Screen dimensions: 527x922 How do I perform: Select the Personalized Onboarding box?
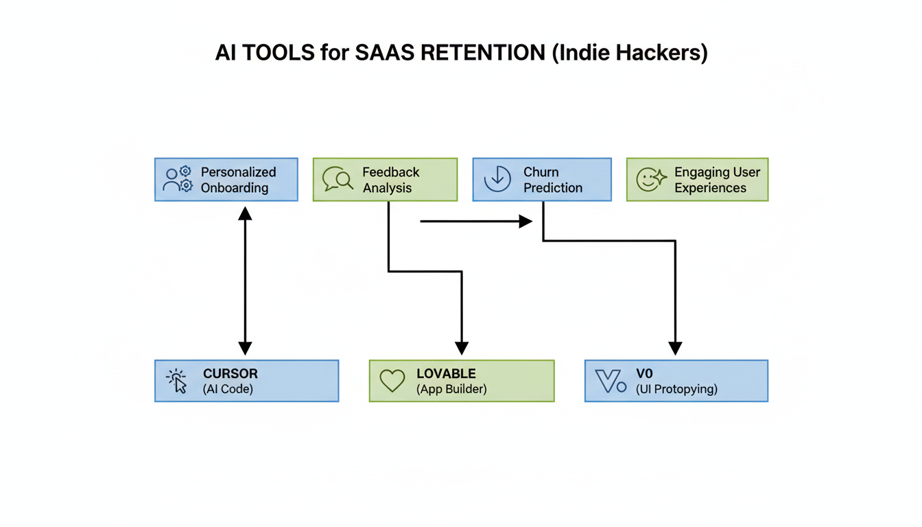[226, 180]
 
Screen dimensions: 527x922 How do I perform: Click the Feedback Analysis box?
[385, 180]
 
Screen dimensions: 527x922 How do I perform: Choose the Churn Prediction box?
[542, 180]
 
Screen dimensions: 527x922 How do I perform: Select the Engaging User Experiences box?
[697, 180]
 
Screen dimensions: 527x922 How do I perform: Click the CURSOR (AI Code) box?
[246, 381]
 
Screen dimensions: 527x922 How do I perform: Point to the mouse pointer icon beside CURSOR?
[177, 381]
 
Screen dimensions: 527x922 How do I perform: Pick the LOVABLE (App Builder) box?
[462, 381]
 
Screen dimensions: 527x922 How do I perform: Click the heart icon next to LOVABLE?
[392, 381]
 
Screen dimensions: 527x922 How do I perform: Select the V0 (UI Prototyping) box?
[676, 381]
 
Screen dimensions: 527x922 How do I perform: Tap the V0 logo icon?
[611, 381]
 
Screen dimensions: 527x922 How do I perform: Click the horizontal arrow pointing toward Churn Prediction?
[476, 221]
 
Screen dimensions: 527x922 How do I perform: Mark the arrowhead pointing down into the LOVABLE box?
[462, 348]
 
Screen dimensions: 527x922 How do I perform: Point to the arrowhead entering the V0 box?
[675, 348]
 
